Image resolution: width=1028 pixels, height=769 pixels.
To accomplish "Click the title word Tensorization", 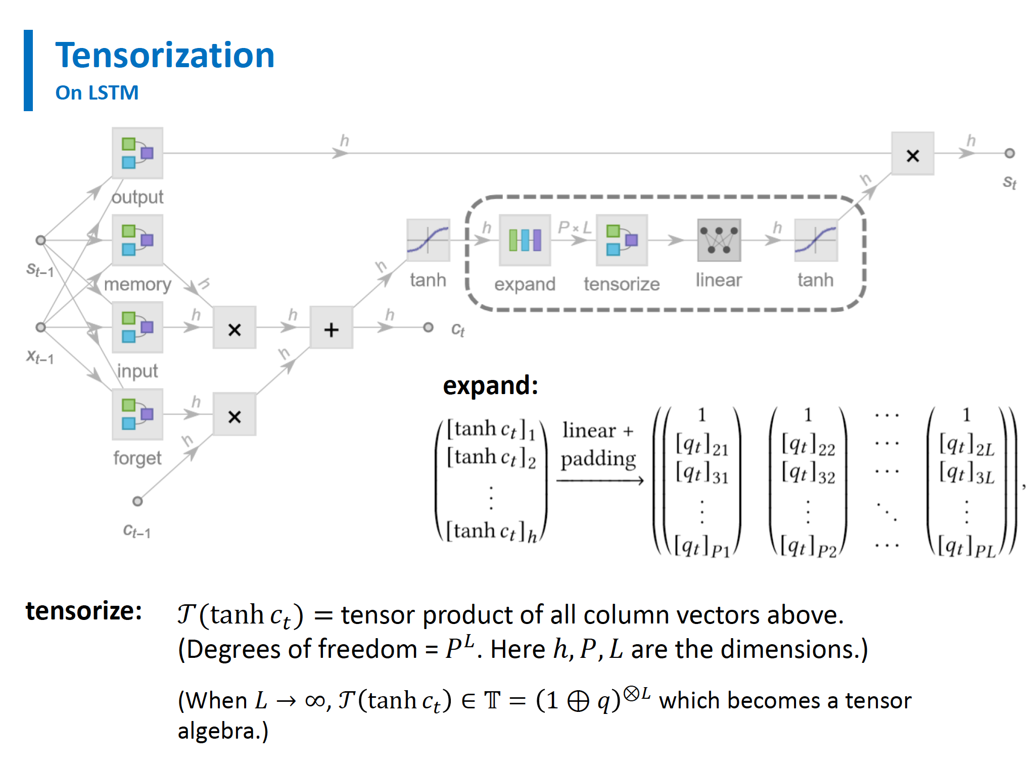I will (165, 55).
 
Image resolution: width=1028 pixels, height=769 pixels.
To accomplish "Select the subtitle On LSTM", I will (97, 92).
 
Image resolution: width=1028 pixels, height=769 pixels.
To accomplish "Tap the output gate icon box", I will (137, 153).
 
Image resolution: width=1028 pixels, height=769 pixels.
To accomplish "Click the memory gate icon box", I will (137, 240).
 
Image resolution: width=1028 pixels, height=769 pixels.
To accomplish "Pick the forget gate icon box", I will (137, 414).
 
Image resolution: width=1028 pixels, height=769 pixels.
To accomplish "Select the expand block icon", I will (525, 240).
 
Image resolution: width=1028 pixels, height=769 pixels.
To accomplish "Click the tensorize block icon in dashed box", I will (622, 240).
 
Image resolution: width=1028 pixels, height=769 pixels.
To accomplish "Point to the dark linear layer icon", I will (719, 240).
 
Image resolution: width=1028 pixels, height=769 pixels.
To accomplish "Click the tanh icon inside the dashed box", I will (816, 240).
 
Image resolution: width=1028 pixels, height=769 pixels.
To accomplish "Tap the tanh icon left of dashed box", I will (428, 240).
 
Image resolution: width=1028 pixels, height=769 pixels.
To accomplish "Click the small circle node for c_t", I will (428, 327).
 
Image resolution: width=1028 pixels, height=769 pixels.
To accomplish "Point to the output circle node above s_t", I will (1009, 153).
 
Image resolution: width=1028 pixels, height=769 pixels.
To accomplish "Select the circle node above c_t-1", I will (137, 501).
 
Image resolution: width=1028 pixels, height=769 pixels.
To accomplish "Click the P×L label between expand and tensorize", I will (574, 227).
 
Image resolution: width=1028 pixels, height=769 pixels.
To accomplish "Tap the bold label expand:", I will (490, 386).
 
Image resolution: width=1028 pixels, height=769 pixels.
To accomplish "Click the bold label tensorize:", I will (84, 611).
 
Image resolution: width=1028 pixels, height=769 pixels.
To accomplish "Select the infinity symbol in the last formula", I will (315, 701).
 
